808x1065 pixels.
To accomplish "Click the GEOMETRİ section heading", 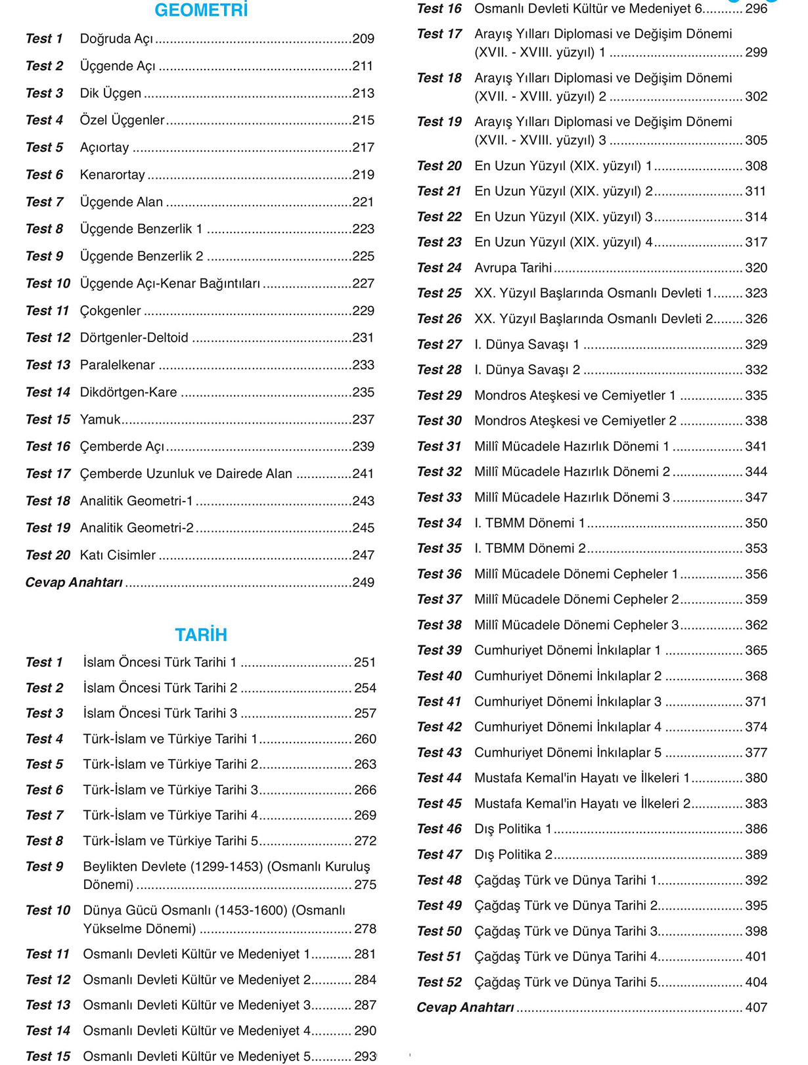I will (201, 11).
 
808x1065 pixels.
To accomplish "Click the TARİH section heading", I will (201, 635).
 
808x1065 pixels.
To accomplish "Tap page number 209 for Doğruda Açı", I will (363, 39).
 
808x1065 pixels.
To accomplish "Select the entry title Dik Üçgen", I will (110, 93).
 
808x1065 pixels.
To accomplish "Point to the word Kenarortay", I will (112, 175).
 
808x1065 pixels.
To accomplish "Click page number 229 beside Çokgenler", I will (363, 311).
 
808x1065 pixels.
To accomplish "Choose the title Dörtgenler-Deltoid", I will (134, 337).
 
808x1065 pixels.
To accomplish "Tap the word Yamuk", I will (100, 419).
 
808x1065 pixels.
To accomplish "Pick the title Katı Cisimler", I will (118, 555).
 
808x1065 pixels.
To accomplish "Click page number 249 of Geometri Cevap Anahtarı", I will (363, 582).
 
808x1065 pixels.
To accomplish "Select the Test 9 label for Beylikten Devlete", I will (44, 867).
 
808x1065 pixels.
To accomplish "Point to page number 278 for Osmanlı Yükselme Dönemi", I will (365, 929).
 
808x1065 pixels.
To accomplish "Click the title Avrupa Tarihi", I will (513, 268).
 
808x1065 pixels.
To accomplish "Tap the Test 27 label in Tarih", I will (439, 345).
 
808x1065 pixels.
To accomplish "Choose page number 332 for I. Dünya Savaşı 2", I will (756, 370).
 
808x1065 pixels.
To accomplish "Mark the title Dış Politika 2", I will (513, 855).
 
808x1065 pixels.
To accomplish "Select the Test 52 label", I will (439, 982).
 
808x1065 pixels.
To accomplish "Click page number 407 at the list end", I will (756, 1008).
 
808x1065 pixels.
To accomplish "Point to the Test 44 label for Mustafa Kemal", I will (439, 778).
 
